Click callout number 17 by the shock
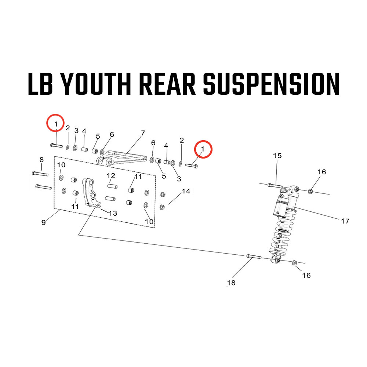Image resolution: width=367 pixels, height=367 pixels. (x=345, y=221)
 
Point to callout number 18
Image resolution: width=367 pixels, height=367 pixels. (x=231, y=283)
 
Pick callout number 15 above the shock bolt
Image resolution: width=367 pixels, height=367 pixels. (x=277, y=156)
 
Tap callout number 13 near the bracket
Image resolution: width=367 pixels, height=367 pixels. (x=113, y=213)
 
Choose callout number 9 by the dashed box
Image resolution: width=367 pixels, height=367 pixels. (x=44, y=222)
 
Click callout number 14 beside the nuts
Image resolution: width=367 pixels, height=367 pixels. (x=186, y=191)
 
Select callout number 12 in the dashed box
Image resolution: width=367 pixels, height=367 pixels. (x=111, y=175)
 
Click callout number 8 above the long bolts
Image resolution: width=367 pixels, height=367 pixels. (x=41, y=160)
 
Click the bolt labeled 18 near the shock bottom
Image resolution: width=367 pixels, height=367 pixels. (x=253, y=256)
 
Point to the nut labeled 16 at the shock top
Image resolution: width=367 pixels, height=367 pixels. (x=310, y=190)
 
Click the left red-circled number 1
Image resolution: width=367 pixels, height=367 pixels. (x=55, y=124)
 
